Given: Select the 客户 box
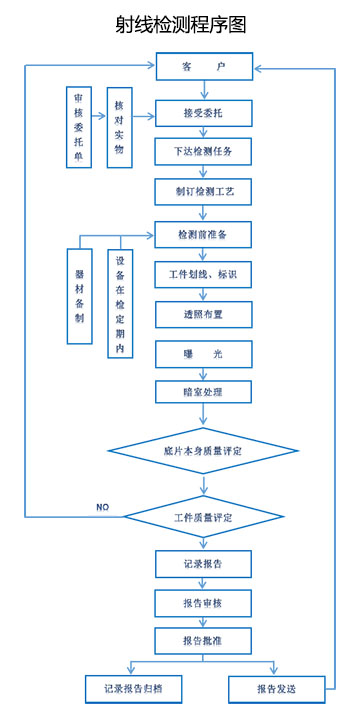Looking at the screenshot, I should pyautogui.click(x=203, y=67).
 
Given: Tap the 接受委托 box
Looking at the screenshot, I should pyautogui.click(x=203, y=113).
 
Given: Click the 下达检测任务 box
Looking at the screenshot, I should pyautogui.click(x=203, y=152).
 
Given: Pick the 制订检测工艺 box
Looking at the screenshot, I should pyautogui.click(x=203, y=191).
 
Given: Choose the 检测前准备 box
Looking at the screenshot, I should pyautogui.click(x=203, y=234).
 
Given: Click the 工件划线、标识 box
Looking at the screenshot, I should pyautogui.click(x=203, y=273).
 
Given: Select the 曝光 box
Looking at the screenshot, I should pyautogui.click(x=203, y=354).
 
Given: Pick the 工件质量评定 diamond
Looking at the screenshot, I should pyautogui.click(x=203, y=518).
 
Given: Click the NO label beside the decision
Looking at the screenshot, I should pyautogui.click(x=102, y=508).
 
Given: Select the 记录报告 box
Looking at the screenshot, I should pyautogui.click(x=203, y=564).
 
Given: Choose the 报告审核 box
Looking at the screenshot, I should pyautogui.click(x=203, y=603).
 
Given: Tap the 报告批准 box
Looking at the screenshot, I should pyautogui.click(x=203, y=641).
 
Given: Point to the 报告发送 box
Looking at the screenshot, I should pyautogui.click(x=276, y=689).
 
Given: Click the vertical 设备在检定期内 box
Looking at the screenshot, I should pyautogui.click(x=120, y=303).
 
